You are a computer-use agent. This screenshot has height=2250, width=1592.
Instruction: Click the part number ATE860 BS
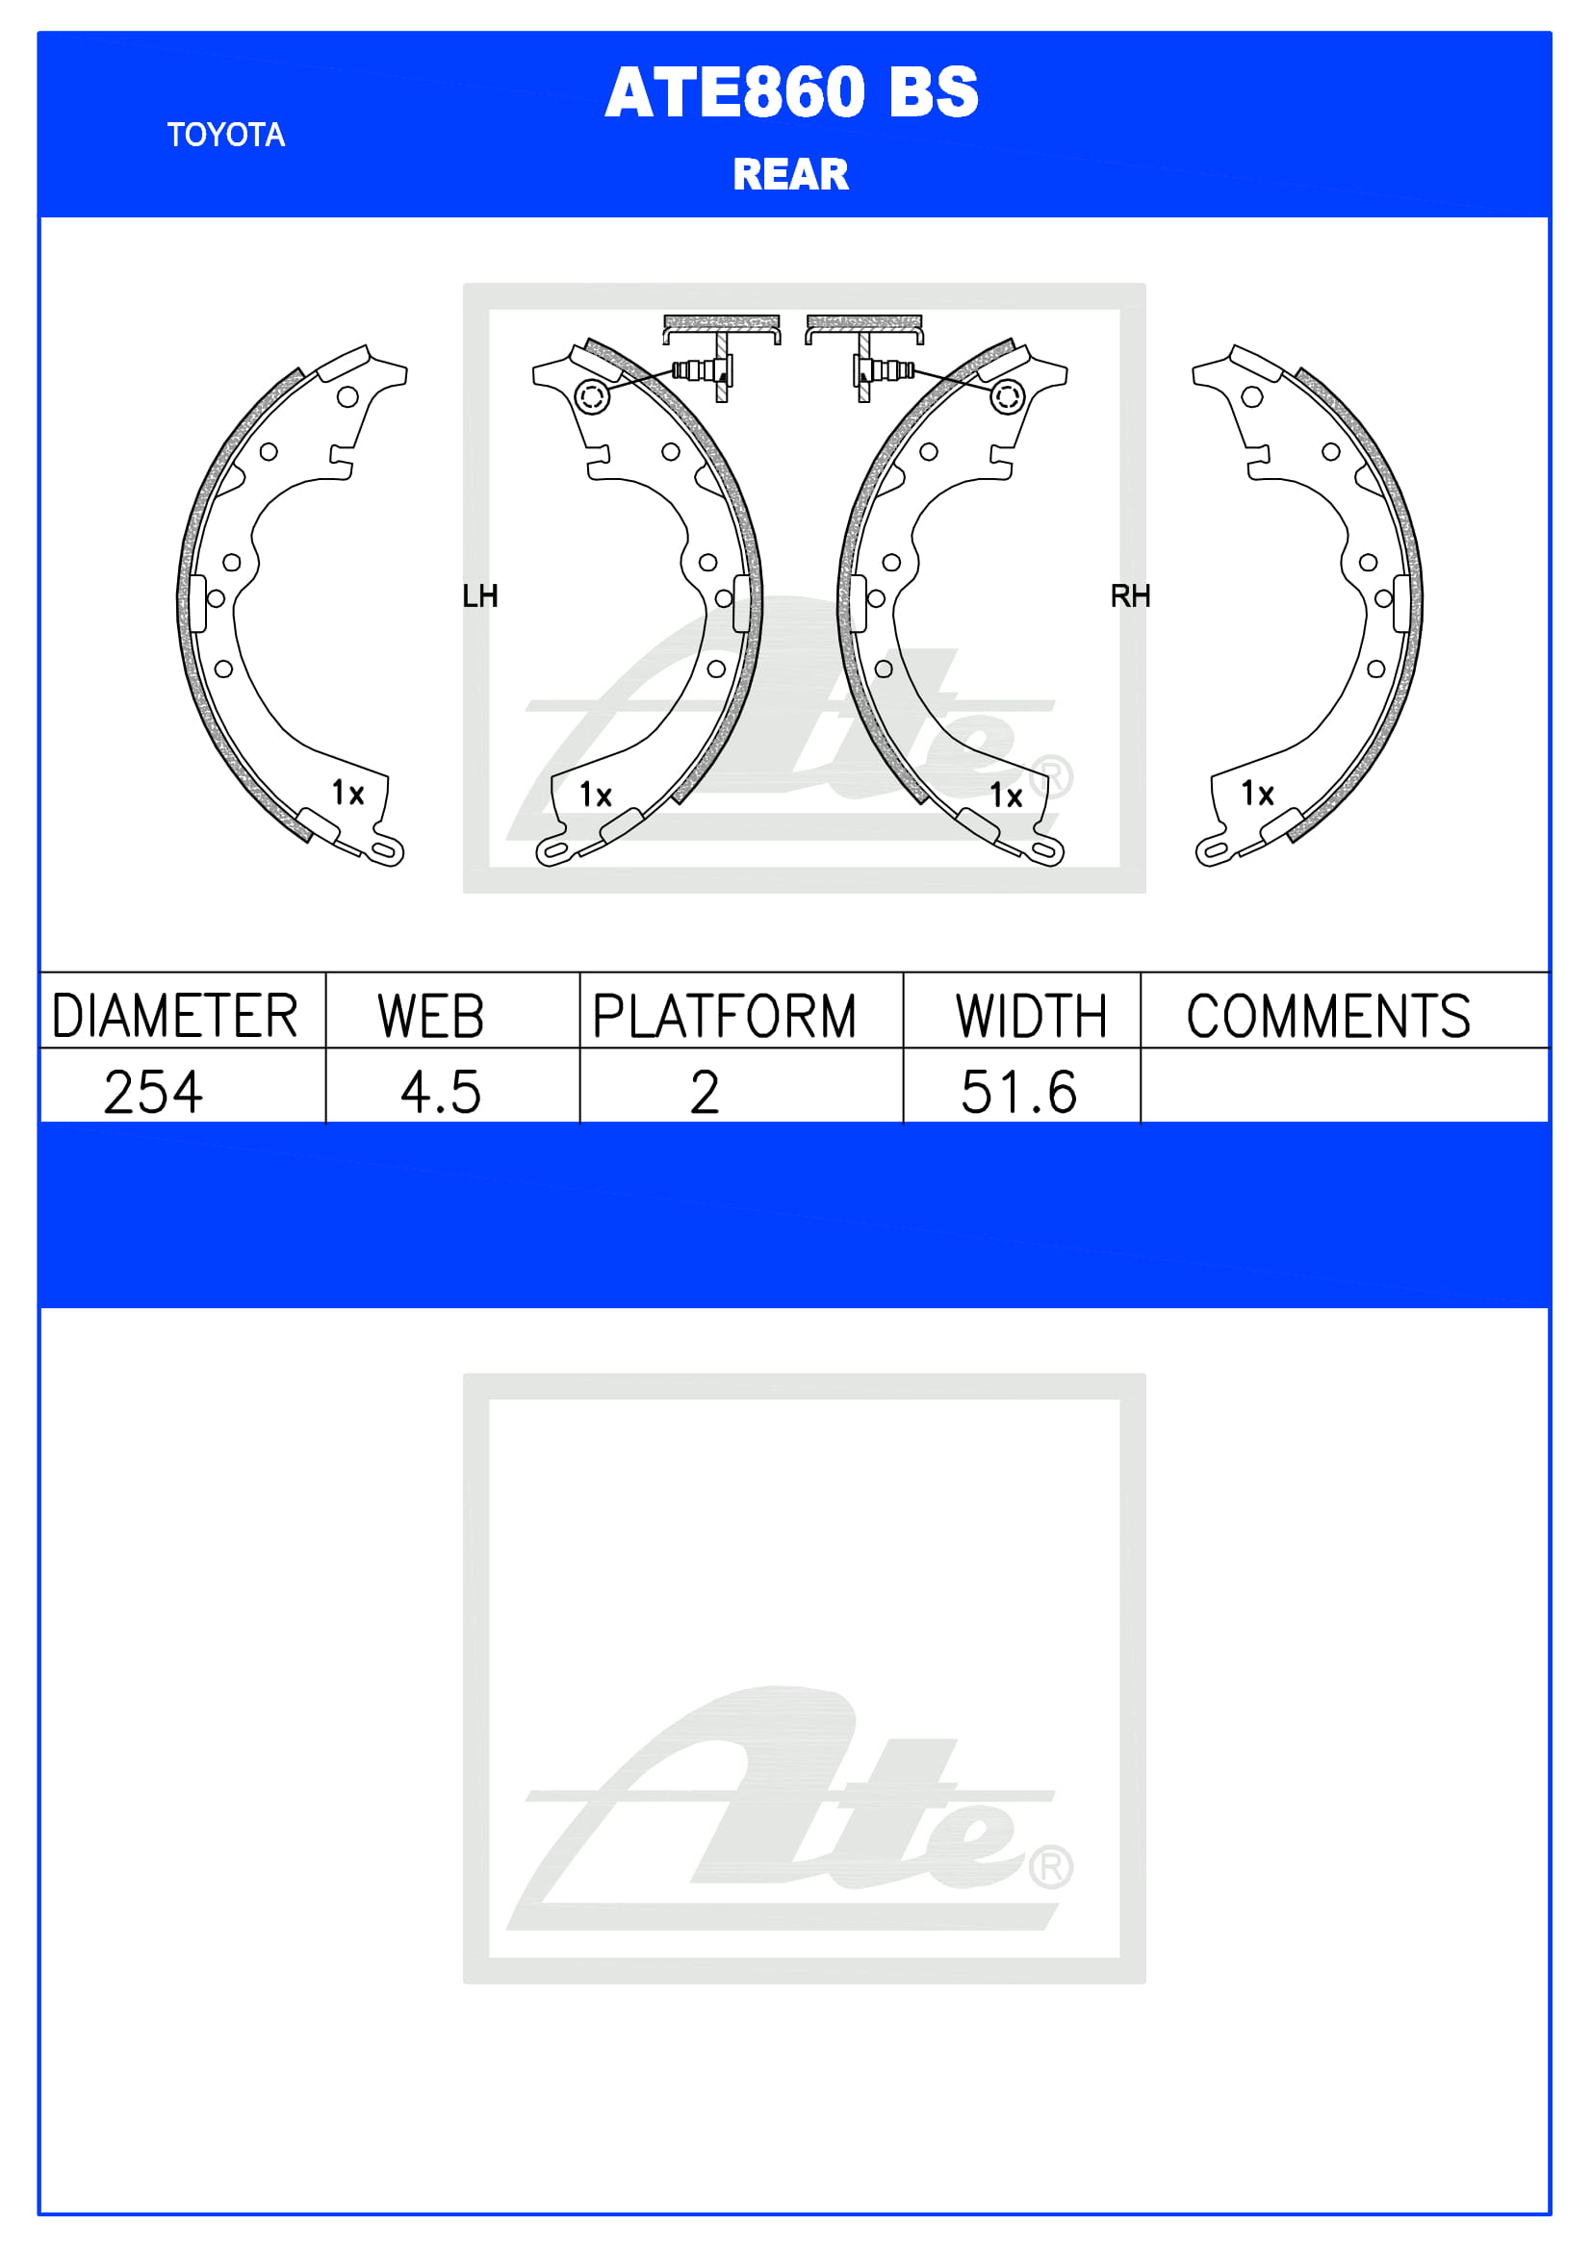(x=791, y=92)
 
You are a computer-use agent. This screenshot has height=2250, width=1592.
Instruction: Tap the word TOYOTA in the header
(x=225, y=135)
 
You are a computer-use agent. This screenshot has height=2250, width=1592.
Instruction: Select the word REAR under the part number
(x=790, y=174)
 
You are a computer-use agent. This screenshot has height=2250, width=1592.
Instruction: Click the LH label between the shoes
(x=480, y=595)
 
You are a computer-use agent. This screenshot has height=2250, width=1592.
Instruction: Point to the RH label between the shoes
(x=1130, y=595)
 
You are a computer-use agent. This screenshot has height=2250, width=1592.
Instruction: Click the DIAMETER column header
(x=174, y=1016)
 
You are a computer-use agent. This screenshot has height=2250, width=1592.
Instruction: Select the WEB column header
(x=431, y=1016)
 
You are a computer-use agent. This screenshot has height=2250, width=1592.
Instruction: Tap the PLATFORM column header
(x=725, y=1016)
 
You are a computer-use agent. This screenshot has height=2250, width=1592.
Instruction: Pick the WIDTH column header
(x=1031, y=1016)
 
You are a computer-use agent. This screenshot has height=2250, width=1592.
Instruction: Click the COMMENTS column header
(x=1328, y=1016)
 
